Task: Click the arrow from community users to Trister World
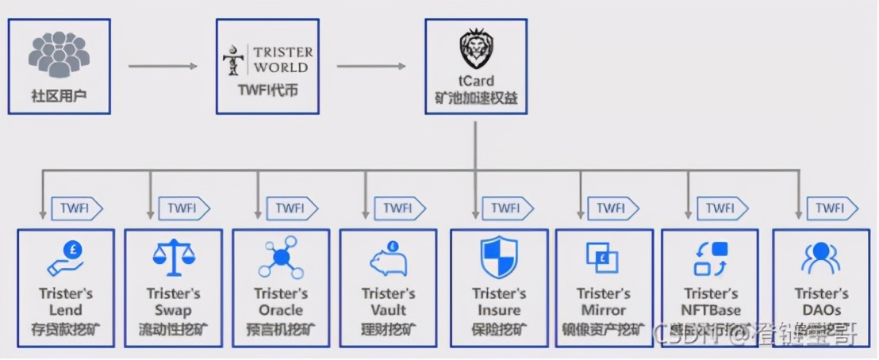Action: click(163, 66)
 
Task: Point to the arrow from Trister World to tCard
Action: click(372, 66)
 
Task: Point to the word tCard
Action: click(476, 80)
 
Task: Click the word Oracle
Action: click(281, 310)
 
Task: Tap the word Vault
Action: click(389, 310)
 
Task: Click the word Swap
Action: click(174, 310)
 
